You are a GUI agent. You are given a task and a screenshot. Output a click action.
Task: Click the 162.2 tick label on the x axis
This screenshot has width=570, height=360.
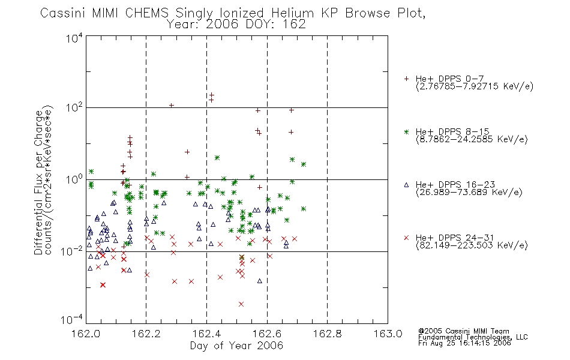pyautogui.click(x=146, y=334)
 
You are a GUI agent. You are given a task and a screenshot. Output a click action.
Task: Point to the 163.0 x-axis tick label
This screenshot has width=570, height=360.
pyautogui.click(x=388, y=334)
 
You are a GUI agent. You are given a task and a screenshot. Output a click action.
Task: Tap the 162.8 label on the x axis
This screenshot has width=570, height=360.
pyautogui.click(x=328, y=334)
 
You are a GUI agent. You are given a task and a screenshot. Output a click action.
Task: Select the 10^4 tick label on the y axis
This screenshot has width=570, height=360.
pyautogui.click(x=74, y=38)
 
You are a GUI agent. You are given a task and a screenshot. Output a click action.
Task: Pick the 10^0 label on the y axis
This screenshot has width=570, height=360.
pyautogui.click(x=74, y=179)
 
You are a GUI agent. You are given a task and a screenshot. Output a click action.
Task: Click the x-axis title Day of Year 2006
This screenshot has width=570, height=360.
pyautogui.click(x=236, y=346)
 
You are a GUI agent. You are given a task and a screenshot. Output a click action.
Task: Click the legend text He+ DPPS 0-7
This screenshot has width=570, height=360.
pyautogui.click(x=449, y=79)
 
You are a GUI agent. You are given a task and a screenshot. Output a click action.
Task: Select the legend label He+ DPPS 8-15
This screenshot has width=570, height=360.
pyautogui.click(x=452, y=131)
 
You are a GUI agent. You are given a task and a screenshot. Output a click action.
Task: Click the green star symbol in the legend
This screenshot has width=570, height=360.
pyautogui.click(x=406, y=131)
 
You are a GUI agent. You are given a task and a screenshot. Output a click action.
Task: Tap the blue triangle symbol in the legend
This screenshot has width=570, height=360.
pyautogui.click(x=406, y=185)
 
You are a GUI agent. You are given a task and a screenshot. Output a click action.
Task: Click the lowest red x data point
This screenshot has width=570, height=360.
pyautogui.click(x=241, y=304)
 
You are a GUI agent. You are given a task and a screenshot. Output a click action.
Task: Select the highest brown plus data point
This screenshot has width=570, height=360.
pyautogui.click(x=212, y=95)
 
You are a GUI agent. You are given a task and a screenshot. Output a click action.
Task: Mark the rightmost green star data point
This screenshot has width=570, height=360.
pyautogui.click(x=304, y=209)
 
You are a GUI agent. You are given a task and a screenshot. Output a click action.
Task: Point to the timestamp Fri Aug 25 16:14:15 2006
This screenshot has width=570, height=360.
pyautogui.click(x=464, y=343)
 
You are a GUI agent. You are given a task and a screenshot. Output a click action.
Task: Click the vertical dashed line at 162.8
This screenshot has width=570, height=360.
pyautogui.click(x=327, y=179)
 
